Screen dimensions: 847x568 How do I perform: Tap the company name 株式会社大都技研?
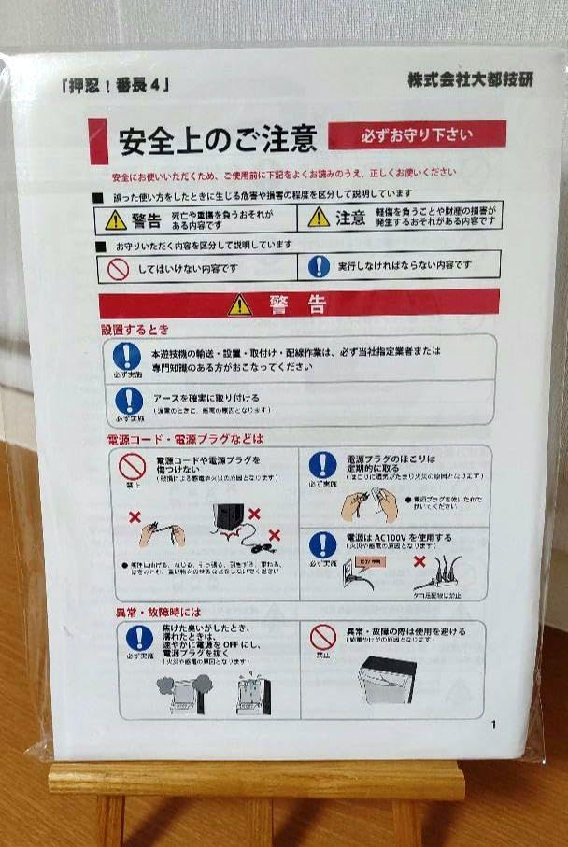click(469, 80)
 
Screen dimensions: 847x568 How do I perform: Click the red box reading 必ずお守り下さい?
click(417, 134)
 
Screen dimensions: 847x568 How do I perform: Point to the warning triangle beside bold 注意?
click(319, 218)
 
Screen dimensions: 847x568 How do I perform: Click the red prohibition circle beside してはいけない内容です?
click(118, 267)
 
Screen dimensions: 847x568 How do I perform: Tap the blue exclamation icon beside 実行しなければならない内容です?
click(319, 266)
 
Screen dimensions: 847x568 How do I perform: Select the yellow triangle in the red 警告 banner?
click(240, 304)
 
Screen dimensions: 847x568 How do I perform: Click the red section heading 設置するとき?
click(135, 330)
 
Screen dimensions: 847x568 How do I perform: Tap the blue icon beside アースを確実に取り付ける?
click(128, 402)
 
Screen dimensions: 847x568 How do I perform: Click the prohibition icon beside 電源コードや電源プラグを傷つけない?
click(132, 466)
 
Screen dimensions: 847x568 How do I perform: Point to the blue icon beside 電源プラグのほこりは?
click(322, 464)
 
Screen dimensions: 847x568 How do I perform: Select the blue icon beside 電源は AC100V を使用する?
click(322, 544)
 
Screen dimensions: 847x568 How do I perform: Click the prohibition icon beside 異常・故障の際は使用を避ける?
click(323, 637)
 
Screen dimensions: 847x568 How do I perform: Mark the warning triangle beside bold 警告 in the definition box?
click(115, 219)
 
